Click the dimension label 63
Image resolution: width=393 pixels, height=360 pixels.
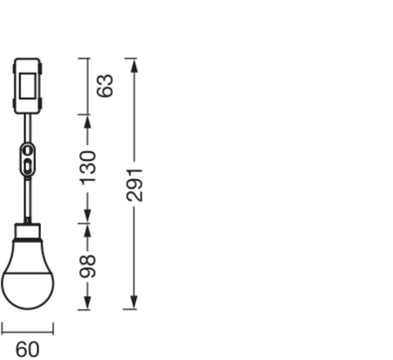[106, 86]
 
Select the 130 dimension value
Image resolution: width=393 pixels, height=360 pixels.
[88, 168]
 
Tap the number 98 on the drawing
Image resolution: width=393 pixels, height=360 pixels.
[88, 266]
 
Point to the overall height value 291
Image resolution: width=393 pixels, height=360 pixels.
[134, 183]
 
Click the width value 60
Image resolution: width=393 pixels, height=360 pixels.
[27, 349]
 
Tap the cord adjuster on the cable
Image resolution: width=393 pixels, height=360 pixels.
[28, 161]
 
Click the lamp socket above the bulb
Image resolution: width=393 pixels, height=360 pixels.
[28, 234]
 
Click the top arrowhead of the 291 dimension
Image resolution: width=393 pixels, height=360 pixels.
[132, 63]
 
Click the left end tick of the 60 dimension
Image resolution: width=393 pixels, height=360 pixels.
[2, 328]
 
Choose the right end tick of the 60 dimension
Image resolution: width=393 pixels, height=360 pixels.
[53, 328]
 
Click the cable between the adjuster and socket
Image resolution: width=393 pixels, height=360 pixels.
[28, 199]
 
